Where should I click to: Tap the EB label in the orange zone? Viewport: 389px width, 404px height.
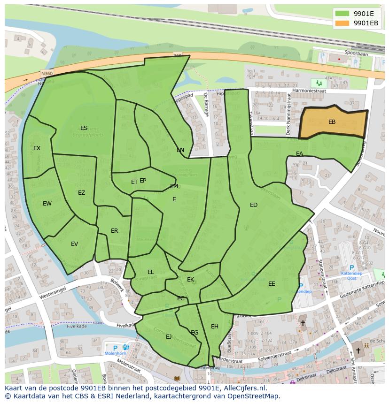coord(332,122)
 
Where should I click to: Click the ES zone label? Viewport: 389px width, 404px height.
coord(84,128)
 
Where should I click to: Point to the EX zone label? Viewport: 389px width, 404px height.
coord(37,148)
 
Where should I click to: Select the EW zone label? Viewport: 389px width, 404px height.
coord(47,204)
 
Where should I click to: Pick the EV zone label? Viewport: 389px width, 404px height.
coord(74,244)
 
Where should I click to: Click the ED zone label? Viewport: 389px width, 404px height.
coord(254,205)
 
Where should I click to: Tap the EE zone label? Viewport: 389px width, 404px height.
coord(272,284)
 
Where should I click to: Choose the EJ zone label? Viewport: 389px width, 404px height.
coord(169,337)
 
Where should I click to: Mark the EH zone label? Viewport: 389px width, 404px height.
coord(215,327)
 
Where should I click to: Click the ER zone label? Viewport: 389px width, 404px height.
coord(114,231)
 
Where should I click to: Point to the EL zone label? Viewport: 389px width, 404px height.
coord(151,272)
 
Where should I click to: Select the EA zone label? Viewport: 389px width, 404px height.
coord(299,154)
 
